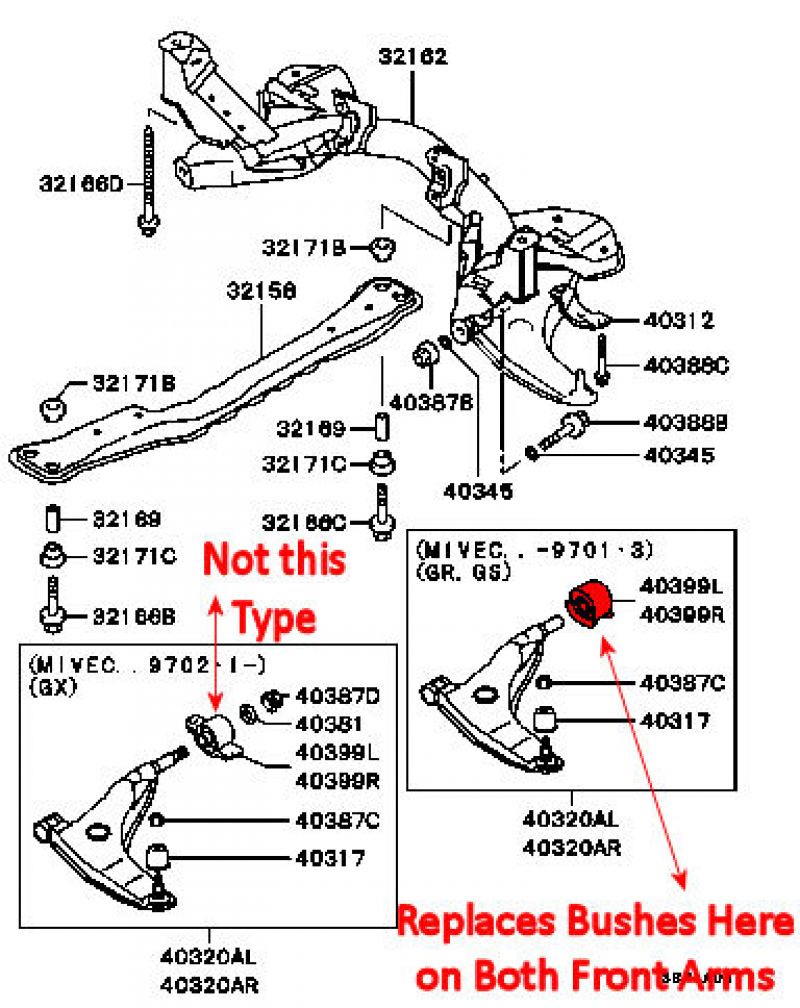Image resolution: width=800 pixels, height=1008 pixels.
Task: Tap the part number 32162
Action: (x=413, y=57)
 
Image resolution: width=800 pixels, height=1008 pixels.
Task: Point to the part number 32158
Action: (x=260, y=291)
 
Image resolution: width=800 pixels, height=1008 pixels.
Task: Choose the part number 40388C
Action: (x=686, y=366)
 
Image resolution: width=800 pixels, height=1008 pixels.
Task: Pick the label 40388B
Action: (x=685, y=423)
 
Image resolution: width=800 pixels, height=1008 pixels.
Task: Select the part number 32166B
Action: (x=127, y=616)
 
